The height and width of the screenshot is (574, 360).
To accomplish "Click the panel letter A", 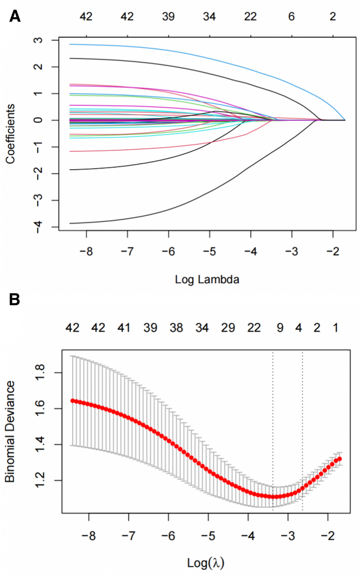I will pos(14,16).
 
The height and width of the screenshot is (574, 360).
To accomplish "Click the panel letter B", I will pos(14,299).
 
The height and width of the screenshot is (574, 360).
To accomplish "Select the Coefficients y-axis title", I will pos(10,134).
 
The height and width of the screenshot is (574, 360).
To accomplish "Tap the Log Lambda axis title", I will pos(207,279).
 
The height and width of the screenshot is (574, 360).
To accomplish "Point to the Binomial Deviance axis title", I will pos(10,431).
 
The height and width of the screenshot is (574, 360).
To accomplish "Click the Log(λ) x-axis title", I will pos(206,563).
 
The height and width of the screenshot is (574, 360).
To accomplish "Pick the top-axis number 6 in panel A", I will pos(291,16).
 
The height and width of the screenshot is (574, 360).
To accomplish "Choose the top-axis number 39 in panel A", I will pos(168,16).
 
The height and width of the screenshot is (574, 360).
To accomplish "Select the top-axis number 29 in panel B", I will pos(228,328).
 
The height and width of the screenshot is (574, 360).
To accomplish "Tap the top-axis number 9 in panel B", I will pos(280,328).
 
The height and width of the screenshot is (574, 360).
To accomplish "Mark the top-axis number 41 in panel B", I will pos(124,328).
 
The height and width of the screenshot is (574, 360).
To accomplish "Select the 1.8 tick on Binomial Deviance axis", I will pos(43,373).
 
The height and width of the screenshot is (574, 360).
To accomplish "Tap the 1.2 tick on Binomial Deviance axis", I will pos(43,480).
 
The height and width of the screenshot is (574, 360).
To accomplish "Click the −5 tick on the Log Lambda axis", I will pos(209,251).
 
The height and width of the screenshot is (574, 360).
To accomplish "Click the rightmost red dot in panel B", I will pos(340,459).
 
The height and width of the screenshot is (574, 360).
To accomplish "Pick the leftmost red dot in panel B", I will pos(73,400).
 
